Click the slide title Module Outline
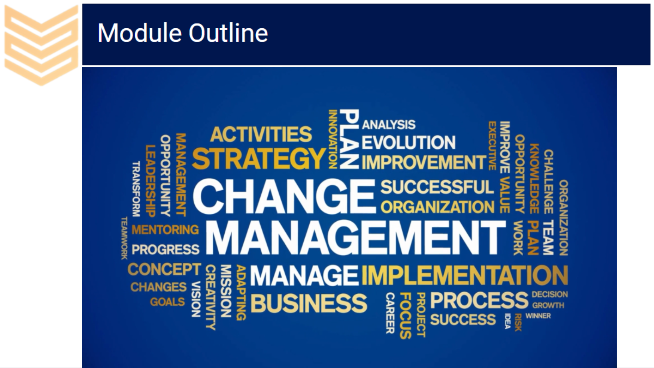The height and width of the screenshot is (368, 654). pos(182,33)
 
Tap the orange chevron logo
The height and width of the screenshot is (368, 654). pos(41,45)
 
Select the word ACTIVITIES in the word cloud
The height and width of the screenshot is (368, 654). pos(261,134)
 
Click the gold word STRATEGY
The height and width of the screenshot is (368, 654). pos(259,158)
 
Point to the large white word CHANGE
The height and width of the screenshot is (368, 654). pos(284,196)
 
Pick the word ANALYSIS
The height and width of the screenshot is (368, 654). pos(389,125)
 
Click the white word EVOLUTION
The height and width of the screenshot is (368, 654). pos(409,142)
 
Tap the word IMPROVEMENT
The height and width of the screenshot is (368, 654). pos(424,162)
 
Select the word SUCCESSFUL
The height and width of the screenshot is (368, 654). pos(437,187)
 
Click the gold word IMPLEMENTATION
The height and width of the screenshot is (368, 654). pos(465,275)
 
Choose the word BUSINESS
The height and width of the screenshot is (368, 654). pos(308,303)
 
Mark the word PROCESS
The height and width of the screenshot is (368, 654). pos(479,300)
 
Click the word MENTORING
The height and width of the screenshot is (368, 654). pos(165,230)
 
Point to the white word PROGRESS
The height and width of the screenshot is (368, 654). pos(166,250)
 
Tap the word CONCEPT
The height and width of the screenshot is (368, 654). pos(164,269)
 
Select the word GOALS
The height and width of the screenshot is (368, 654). pos(167,302)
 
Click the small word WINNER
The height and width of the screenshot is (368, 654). pos(538,316)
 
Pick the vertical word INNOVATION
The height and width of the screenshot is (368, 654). pos(333,140)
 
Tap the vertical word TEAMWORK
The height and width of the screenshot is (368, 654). pos(124,238)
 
